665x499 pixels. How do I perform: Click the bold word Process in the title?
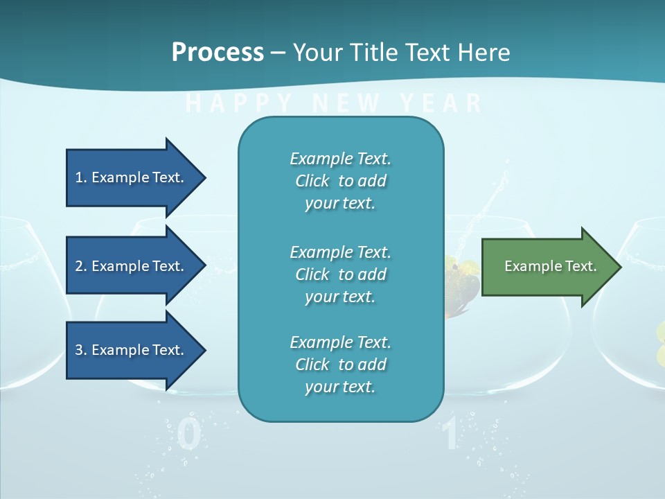[x=218, y=53]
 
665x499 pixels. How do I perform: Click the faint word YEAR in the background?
[x=441, y=104]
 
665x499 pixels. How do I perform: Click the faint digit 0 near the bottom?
[x=189, y=435]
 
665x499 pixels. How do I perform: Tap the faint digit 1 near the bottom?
[x=450, y=435]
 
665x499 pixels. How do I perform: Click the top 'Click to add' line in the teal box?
[x=340, y=181]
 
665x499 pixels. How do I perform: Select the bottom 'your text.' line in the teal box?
[x=340, y=387]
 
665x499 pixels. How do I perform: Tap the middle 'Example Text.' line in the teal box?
[x=340, y=252]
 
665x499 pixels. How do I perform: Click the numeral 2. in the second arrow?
[x=81, y=266]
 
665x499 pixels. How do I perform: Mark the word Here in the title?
[x=486, y=53]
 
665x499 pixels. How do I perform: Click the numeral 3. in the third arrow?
[x=81, y=350]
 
